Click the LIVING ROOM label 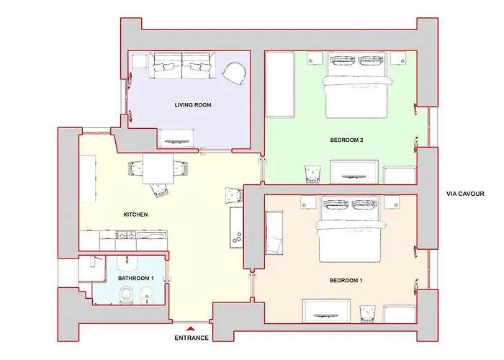point(193,105)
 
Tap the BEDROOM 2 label point(346,140)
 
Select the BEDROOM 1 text point(346,280)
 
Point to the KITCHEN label point(135,215)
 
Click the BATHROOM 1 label point(135,278)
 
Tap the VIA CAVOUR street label point(465,194)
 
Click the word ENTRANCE point(192,338)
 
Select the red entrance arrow point(191,328)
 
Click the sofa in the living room point(182,66)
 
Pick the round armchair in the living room point(234,73)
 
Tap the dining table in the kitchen point(158,168)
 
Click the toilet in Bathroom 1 point(126,295)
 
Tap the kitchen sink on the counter point(152,235)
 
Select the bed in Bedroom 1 point(351,229)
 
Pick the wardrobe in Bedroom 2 point(279,84)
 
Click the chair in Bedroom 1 point(367,313)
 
